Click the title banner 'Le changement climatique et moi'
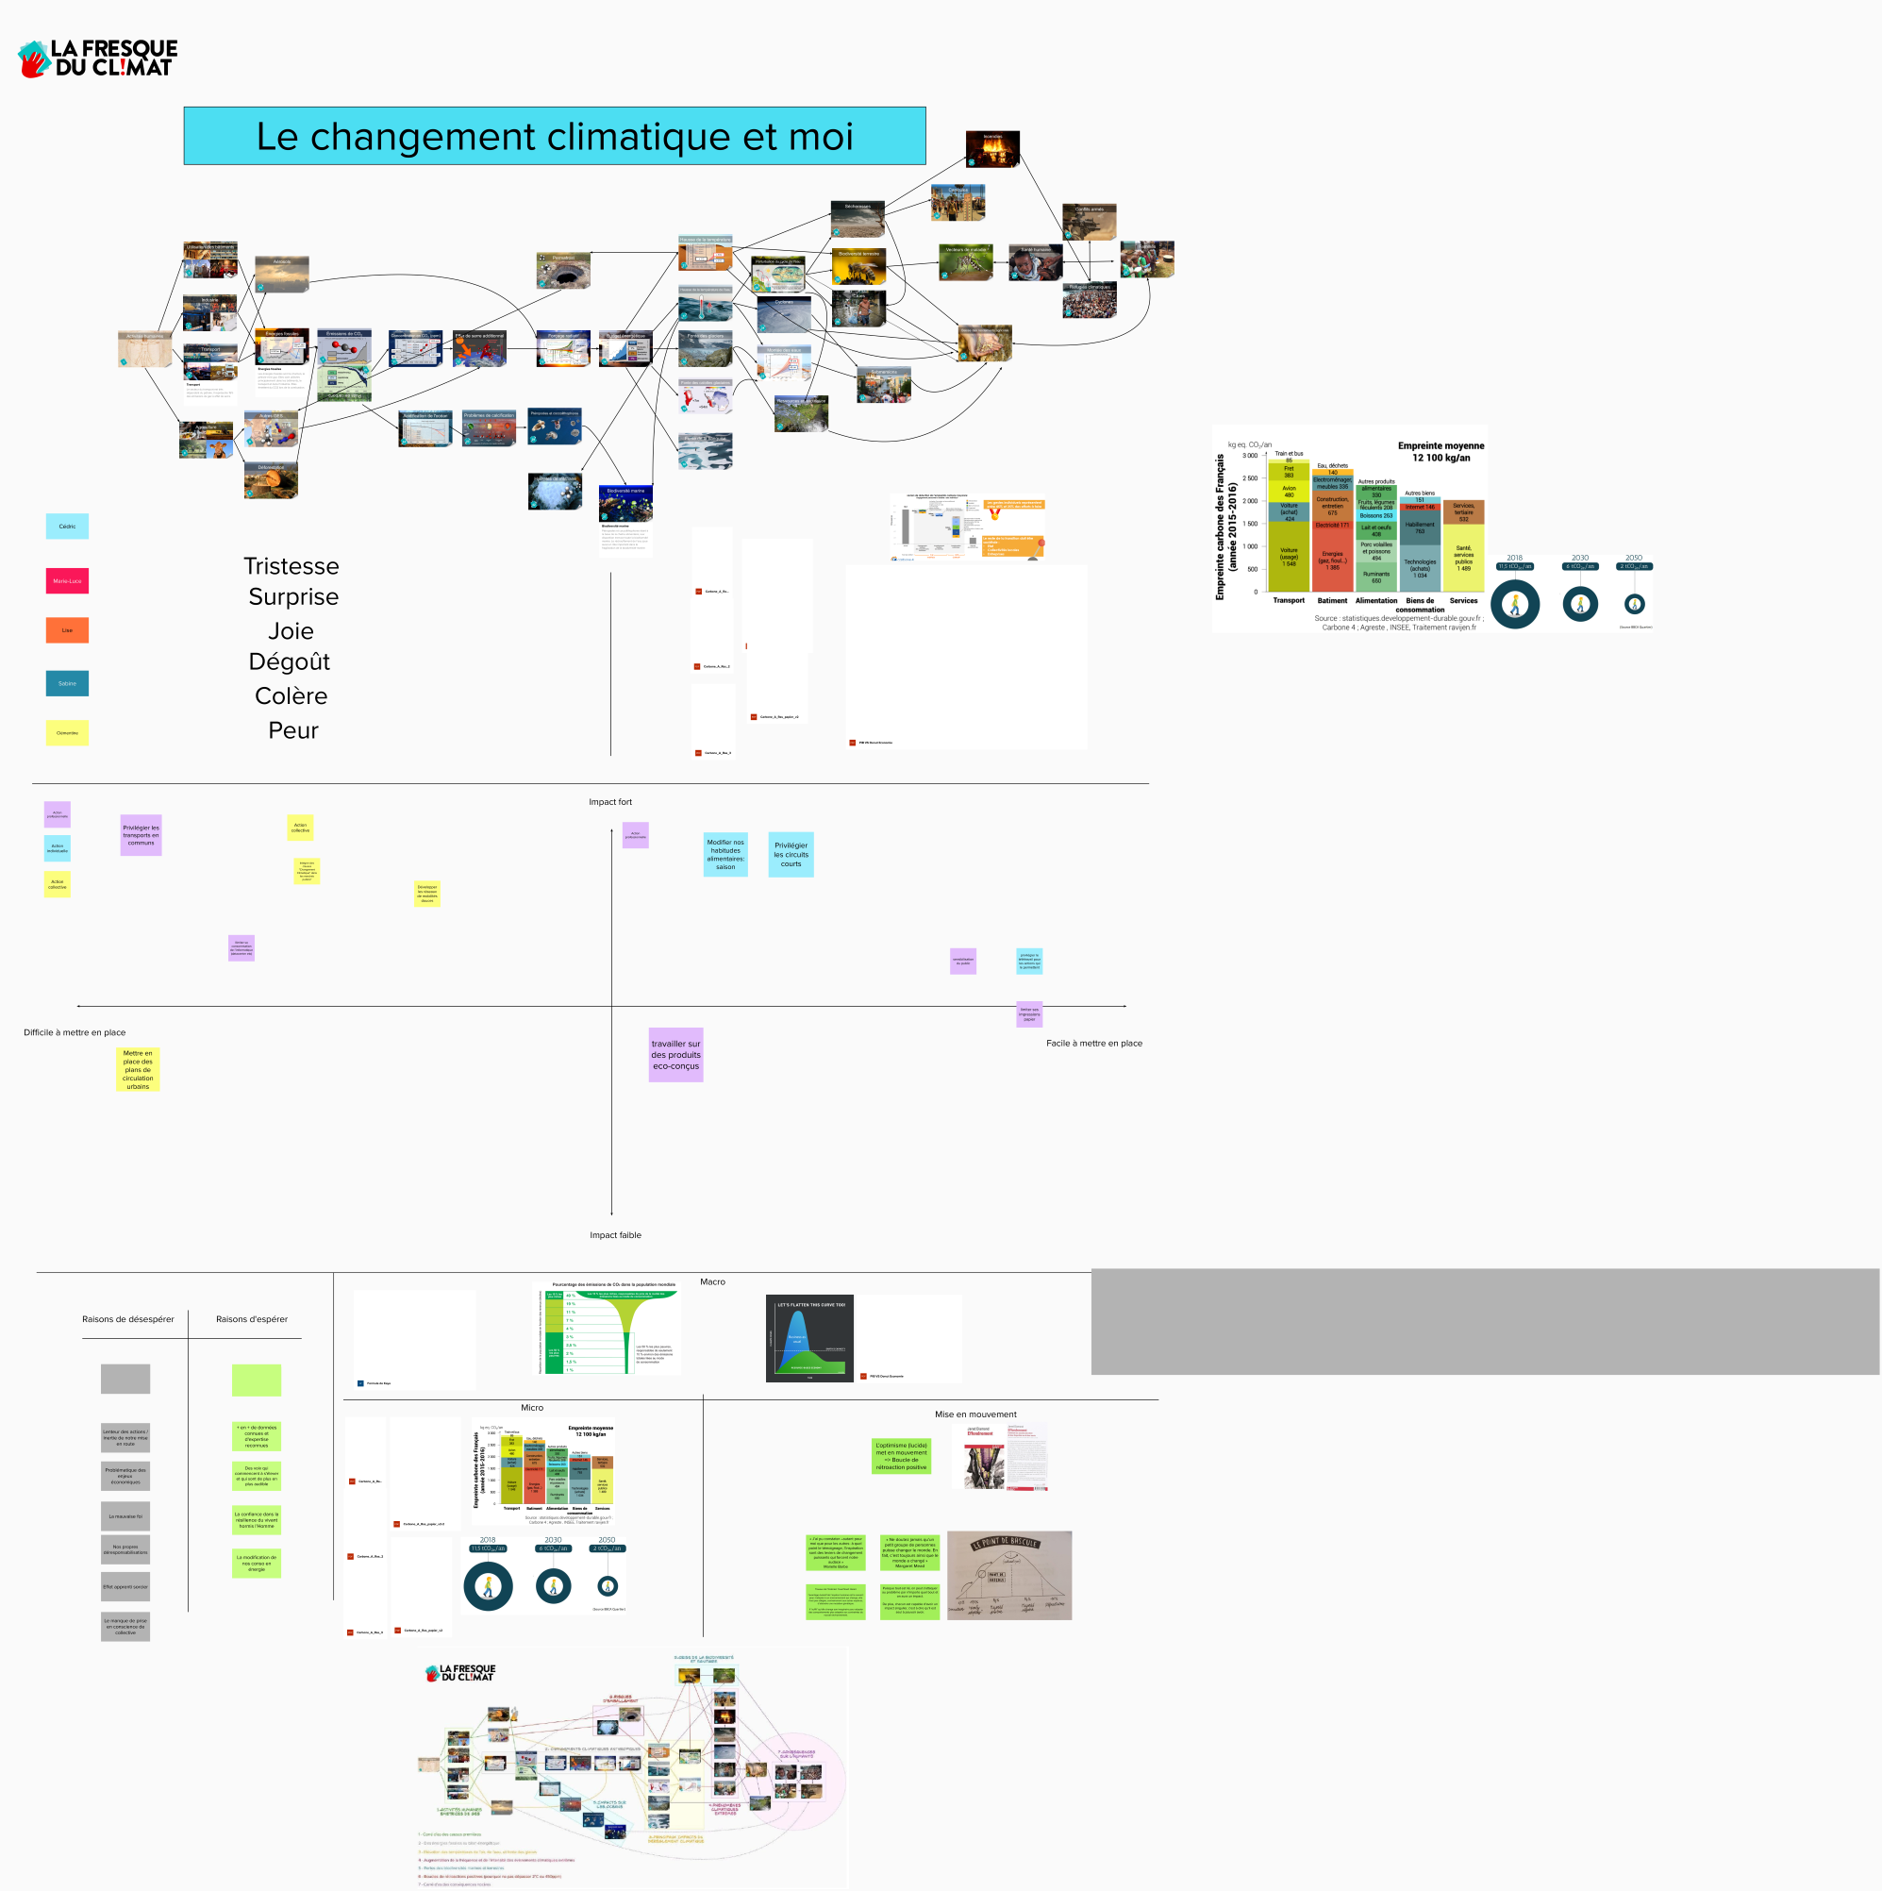(x=554, y=136)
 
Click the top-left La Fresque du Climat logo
(x=98, y=58)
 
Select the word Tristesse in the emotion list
(x=291, y=566)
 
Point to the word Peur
(x=292, y=730)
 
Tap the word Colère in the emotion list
(x=291, y=695)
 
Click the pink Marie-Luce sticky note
(x=67, y=580)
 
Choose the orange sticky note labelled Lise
(x=67, y=630)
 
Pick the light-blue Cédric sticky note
(x=67, y=527)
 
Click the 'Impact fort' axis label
(x=609, y=802)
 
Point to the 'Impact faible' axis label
(x=615, y=1235)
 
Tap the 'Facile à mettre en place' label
(x=1093, y=1044)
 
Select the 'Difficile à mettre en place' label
(x=75, y=1032)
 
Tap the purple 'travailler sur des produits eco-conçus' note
(x=675, y=1054)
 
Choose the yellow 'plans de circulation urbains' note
(x=137, y=1070)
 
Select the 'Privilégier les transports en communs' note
(x=140, y=835)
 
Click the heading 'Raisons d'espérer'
(x=252, y=1319)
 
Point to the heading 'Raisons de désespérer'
(x=127, y=1319)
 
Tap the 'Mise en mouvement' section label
(x=974, y=1414)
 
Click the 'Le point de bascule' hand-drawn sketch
(x=1008, y=1575)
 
